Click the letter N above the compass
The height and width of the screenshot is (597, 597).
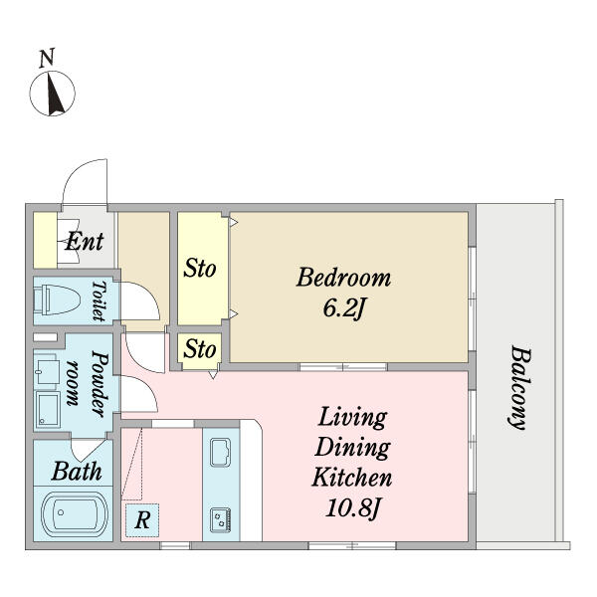click(47, 58)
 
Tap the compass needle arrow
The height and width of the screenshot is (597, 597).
click(54, 95)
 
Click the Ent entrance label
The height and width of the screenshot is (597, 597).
click(85, 241)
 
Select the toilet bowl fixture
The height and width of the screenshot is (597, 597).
click(57, 299)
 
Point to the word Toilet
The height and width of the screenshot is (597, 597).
click(99, 300)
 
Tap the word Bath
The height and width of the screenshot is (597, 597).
click(77, 472)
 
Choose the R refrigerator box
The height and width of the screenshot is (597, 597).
click(142, 520)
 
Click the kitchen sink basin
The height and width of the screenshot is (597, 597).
click(220, 453)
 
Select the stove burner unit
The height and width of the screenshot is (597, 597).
click(221, 519)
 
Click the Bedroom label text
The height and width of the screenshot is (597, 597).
click(343, 278)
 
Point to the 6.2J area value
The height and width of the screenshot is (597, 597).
click(343, 307)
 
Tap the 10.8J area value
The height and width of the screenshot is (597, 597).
click(352, 507)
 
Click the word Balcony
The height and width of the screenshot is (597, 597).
click(519, 387)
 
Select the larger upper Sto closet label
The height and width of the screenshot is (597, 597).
click(200, 268)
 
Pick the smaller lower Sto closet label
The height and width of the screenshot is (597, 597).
click(200, 349)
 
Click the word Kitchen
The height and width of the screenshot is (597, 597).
click(352, 477)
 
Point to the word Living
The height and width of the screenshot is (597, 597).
click(352, 418)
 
